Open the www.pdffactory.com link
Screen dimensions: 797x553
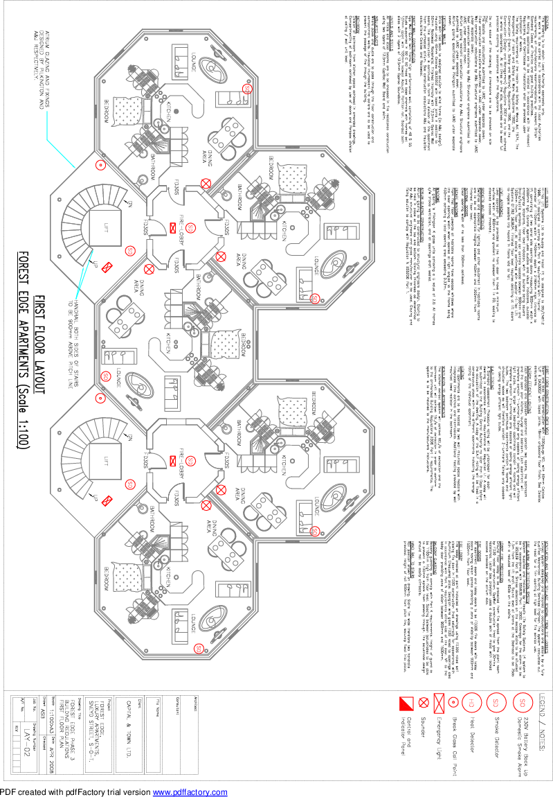click(x=190, y=792)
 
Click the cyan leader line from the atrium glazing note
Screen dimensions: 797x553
click(x=61, y=157)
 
